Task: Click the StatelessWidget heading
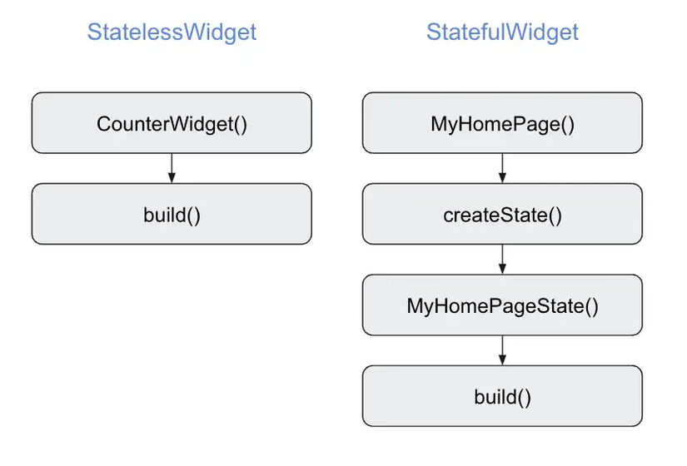point(172,32)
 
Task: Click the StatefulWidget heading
point(502,32)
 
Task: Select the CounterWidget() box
point(172,122)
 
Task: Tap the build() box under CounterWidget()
point(172,214)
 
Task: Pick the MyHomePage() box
point(502,122)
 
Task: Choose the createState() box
point(502,214)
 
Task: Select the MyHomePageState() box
point(502,305)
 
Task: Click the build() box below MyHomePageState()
point(502,396)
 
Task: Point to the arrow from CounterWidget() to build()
point(172,168)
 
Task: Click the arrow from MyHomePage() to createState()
point(502,168)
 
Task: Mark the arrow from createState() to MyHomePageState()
point(502,260)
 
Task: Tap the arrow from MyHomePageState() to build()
point(502,350)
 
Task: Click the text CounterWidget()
point(172,124)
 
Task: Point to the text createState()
point(502,216)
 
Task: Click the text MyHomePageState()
point(502,306)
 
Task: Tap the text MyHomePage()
point(502,124)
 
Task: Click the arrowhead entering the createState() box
point(502,178)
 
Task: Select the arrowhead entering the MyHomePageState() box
point(502,269)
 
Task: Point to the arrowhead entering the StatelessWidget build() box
point(172,178)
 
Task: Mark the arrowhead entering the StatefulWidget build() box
point(502,360)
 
